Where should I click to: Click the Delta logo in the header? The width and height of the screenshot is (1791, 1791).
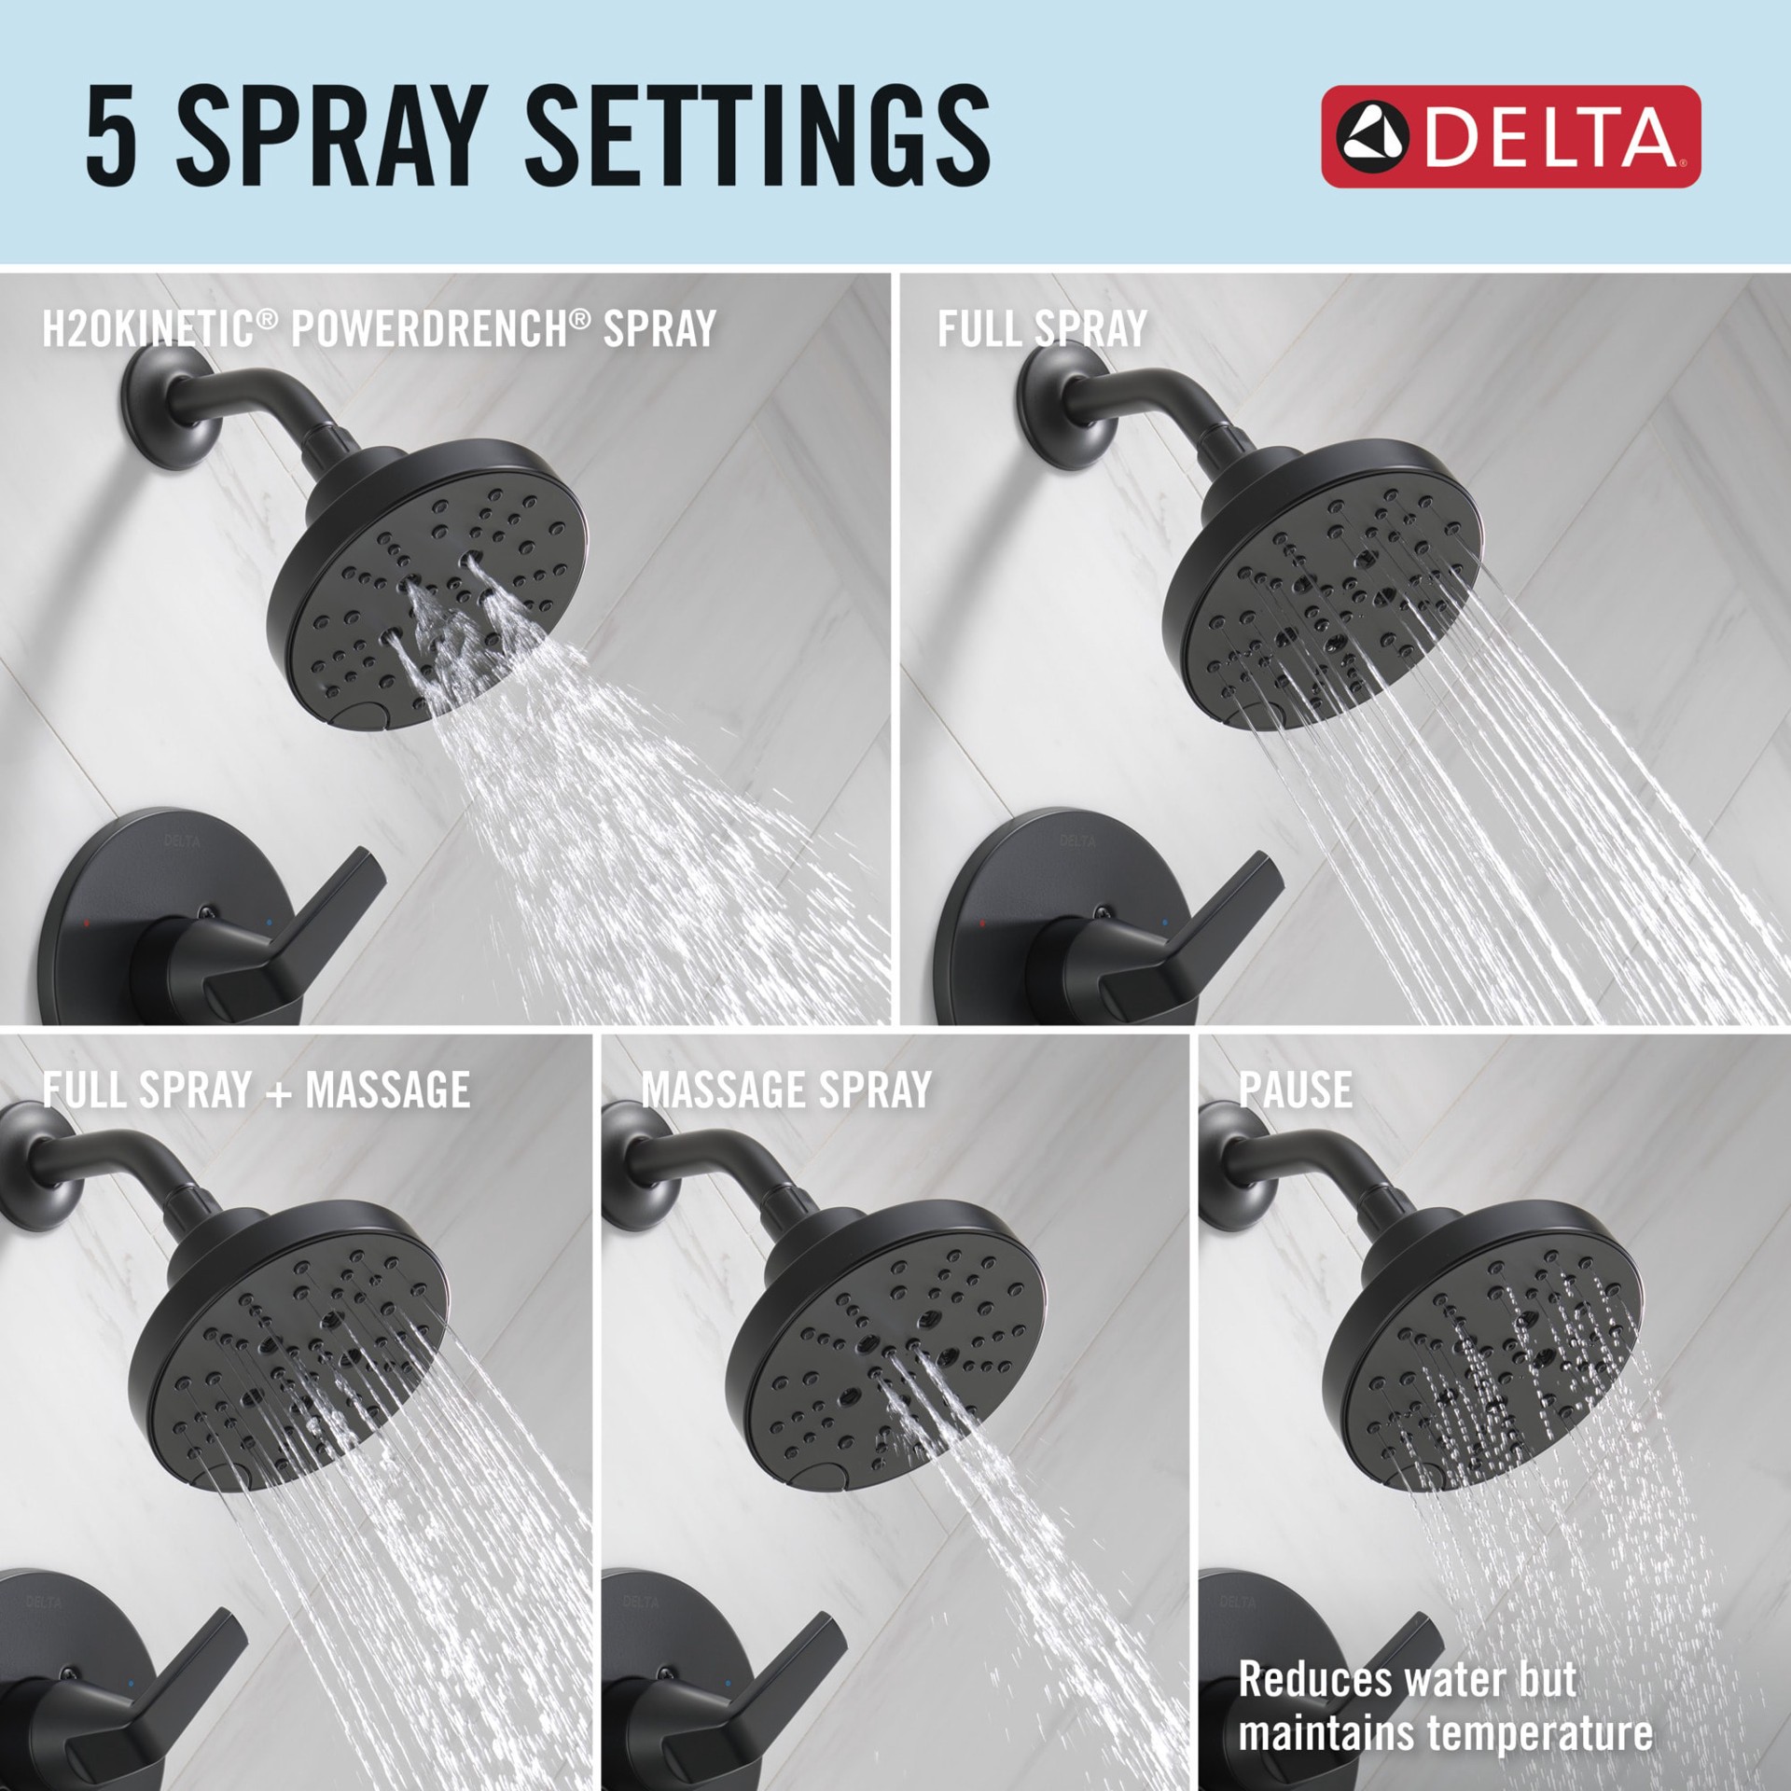coord(1510,137)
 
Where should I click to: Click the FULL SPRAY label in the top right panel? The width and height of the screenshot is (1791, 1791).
coord(1041,328)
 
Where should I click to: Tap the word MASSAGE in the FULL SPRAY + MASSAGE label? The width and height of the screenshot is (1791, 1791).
coord(387,1090)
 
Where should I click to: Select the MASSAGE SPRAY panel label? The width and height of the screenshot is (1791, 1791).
coord(785,1090)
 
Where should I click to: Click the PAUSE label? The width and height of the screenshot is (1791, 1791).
coord(1295,1090)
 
